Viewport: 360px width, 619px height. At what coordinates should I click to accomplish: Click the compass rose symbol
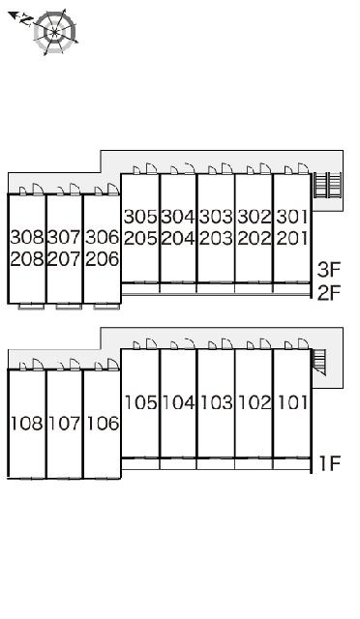(54, 32)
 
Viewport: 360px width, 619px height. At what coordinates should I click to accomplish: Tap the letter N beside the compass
(26, 19)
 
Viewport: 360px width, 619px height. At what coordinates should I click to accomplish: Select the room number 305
(140, 217)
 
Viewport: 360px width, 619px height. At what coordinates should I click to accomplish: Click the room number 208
(27, 259)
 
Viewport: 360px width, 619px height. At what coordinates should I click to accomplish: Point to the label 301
(292, 217)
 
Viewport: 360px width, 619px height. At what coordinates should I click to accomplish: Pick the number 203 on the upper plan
(216, 239)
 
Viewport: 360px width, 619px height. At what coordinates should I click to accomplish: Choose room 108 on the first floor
(27, 424)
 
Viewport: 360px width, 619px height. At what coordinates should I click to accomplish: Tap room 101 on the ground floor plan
(293, 402)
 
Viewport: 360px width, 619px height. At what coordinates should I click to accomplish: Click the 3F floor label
(329, 270)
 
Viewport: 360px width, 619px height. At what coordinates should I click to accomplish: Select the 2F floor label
(329, 292)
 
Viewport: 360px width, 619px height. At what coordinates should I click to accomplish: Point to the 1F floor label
(330, 463)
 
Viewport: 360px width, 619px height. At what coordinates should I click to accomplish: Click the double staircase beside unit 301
(328, 185)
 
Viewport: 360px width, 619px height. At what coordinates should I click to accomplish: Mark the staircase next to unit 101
(319, 362)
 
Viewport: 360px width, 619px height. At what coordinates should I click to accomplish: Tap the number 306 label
(103, 237)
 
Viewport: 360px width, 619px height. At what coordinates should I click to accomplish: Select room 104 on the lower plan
(178, 402)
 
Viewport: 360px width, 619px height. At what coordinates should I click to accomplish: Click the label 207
(65, 259)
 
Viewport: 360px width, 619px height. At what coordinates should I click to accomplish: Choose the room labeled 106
(103, 424)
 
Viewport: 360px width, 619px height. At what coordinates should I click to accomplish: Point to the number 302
(255, 217)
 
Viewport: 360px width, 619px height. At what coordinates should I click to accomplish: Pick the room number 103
(216, 402)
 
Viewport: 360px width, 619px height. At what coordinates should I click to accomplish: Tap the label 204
(178, 239)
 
